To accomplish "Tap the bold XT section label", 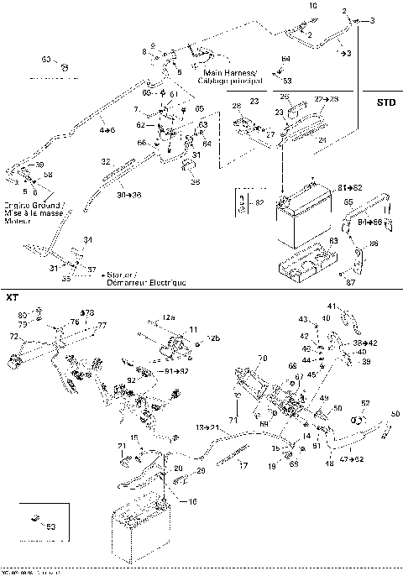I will (12, 297).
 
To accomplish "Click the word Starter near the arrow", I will (121, 275).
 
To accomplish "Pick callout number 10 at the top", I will (313, 6).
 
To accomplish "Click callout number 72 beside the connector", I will (13, 336).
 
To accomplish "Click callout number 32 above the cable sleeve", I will (105, 161).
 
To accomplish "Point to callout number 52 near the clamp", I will (365, 403).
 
